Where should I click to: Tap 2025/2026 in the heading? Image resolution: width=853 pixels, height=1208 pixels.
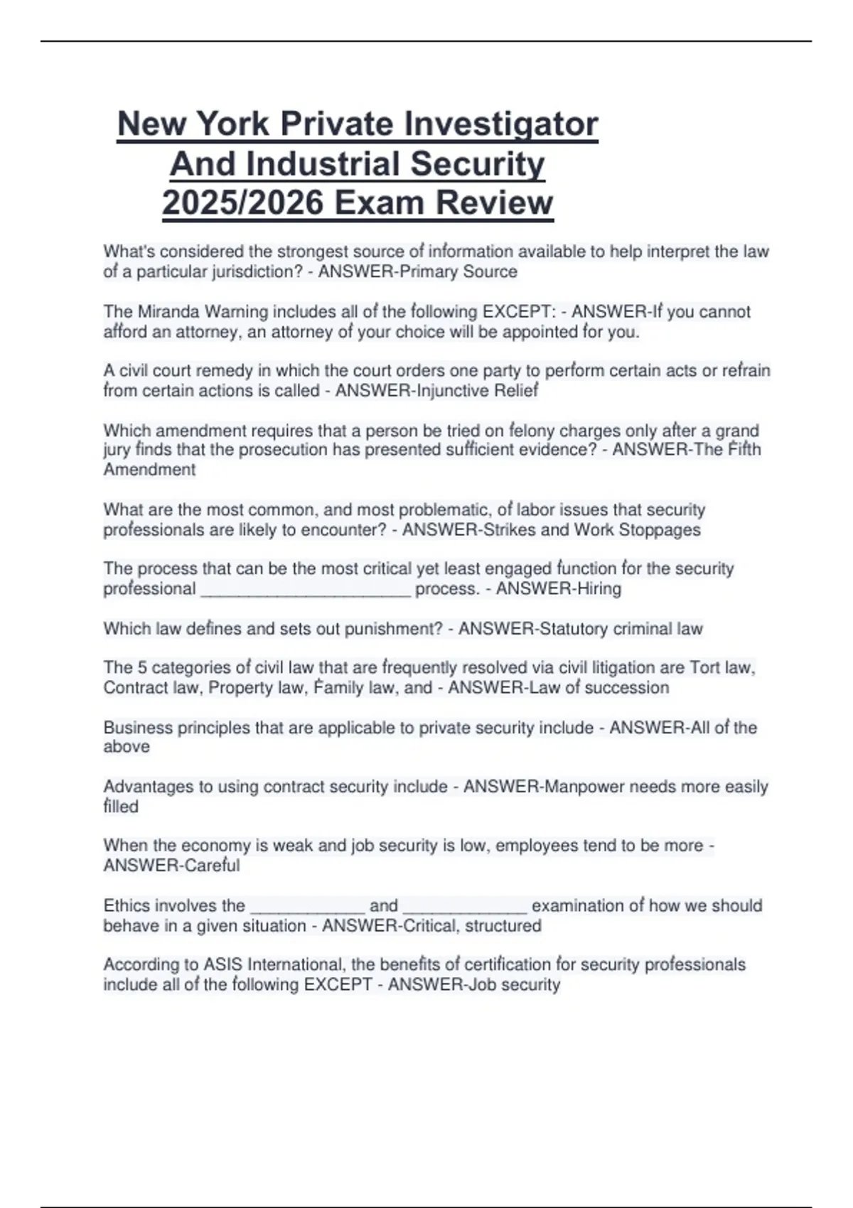244,203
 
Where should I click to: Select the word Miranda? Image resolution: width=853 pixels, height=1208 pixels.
168,312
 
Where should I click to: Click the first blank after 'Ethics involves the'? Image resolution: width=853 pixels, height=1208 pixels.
307,908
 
